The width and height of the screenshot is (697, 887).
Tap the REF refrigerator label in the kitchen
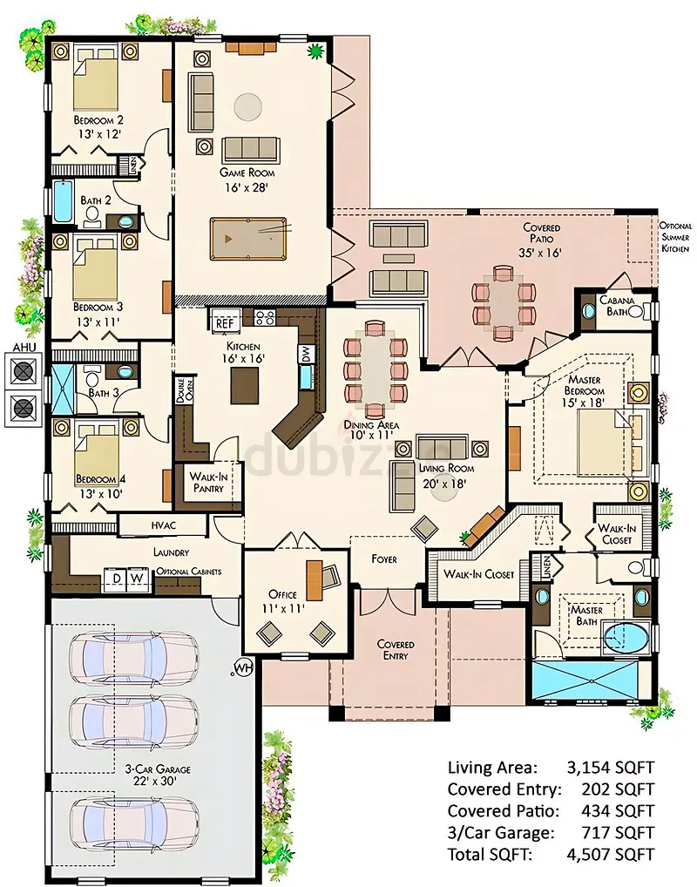point(225,323)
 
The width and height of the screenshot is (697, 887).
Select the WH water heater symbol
point(242,667)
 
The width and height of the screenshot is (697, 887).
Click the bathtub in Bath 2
point(63,201)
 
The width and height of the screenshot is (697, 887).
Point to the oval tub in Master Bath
point(625,639)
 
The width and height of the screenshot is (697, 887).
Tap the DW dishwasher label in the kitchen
point(306,354)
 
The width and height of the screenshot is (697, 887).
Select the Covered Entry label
point(396,650)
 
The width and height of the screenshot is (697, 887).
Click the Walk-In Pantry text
point(209,482)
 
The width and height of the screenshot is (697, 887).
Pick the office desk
point(314,579)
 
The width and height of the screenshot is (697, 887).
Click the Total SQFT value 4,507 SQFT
point(611,854)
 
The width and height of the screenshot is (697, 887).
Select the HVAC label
point(164,525)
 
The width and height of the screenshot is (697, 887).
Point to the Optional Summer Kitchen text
point(675,237)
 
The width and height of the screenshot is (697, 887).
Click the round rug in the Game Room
point(248,105)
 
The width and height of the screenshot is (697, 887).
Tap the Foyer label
point(384,559)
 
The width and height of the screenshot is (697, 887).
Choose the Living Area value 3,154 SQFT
point(611,767)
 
